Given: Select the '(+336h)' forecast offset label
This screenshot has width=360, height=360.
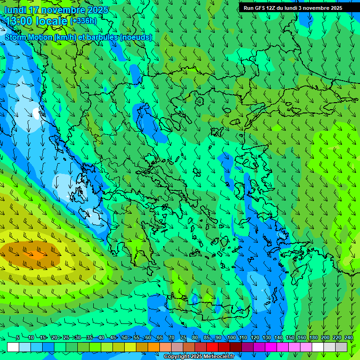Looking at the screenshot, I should pyautogui.click(x=83, y=21).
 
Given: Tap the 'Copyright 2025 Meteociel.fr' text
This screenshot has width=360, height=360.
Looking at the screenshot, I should pyautogui.click(x=199, y=357).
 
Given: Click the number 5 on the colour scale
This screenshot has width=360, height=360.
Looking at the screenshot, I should pyautogui.click(x=18, y=337).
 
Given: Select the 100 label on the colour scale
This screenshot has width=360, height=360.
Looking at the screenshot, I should pyautogui.click(x=231, y=337).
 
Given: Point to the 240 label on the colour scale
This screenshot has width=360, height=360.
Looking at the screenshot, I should pyautogui.click(x=349, y=337).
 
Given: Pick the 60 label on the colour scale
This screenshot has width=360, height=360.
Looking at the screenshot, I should pyautogui.click(x=148, y=337).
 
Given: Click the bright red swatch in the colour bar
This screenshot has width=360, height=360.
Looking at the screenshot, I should pyautogui.click(x=212, y=347).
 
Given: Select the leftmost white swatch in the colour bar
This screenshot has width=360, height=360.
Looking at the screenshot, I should pyautogui.click(x=13, y=347).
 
